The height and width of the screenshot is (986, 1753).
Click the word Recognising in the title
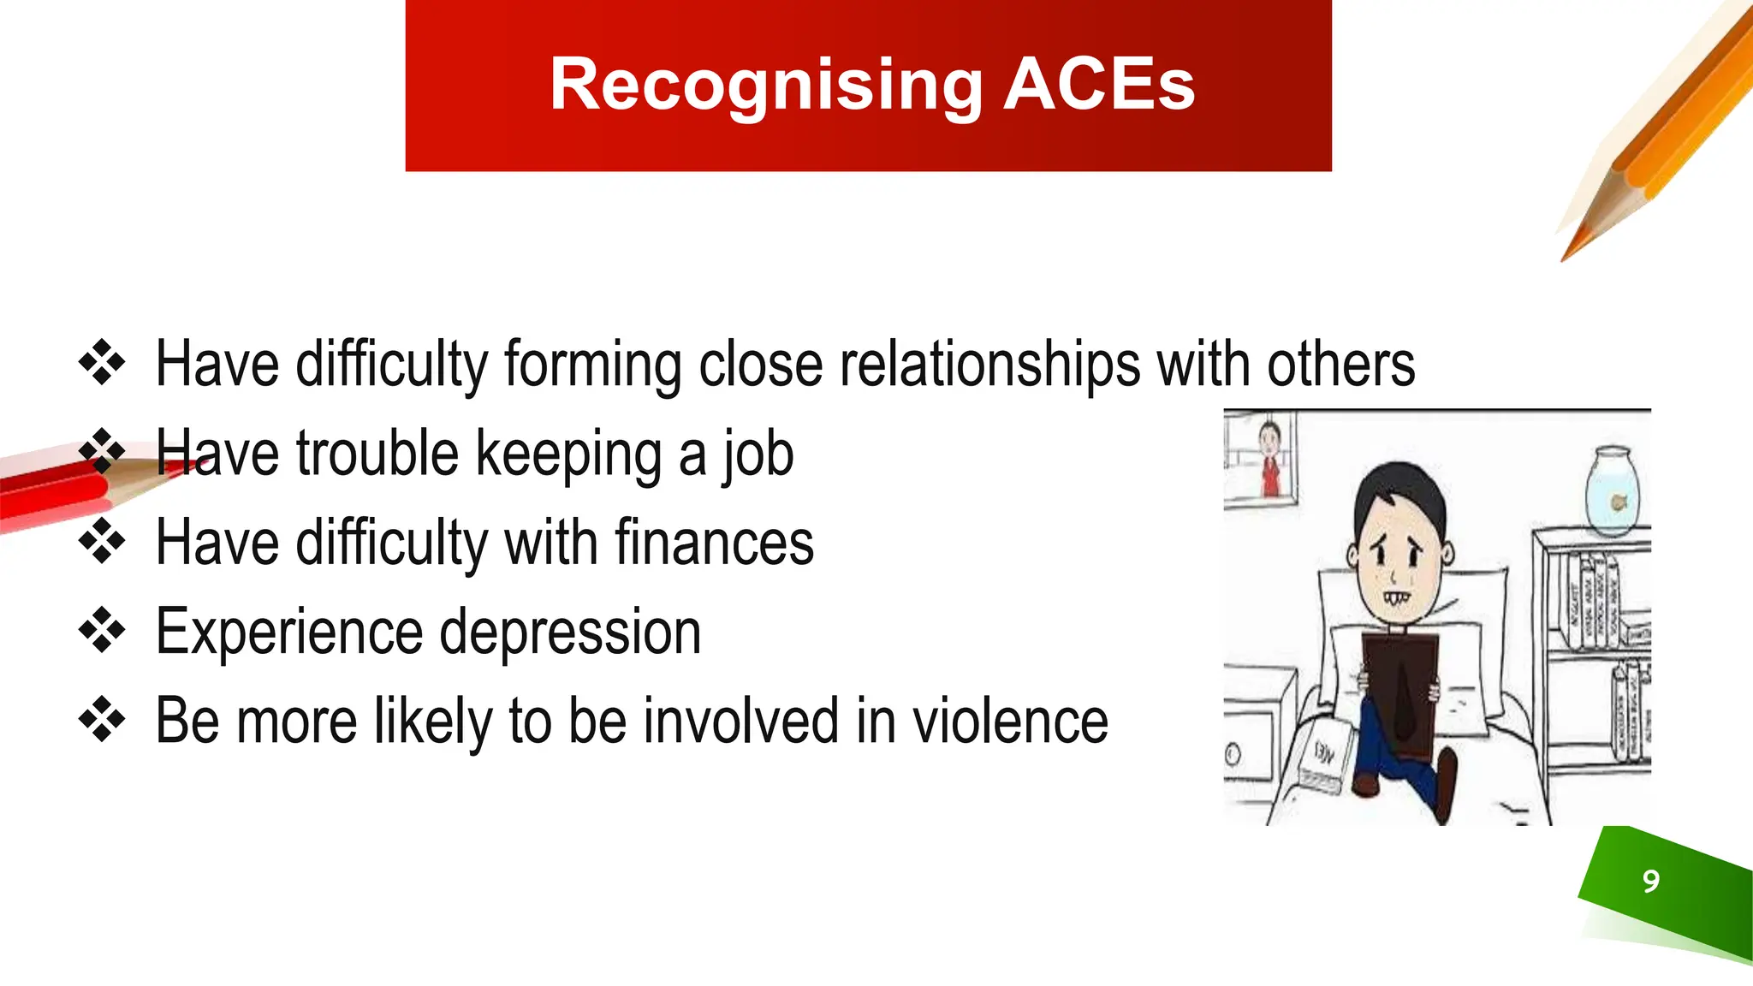tap(766, 86)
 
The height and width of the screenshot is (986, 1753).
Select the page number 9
tap(1651, 881)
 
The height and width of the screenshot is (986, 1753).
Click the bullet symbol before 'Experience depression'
tap(102, 631)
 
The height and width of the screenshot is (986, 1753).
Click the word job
tap(758, 454)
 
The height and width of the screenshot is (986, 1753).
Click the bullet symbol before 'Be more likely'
tap(102, 720)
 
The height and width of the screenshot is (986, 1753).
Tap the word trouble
tap(377, 454)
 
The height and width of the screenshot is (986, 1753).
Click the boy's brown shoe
tap(1446, 775)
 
